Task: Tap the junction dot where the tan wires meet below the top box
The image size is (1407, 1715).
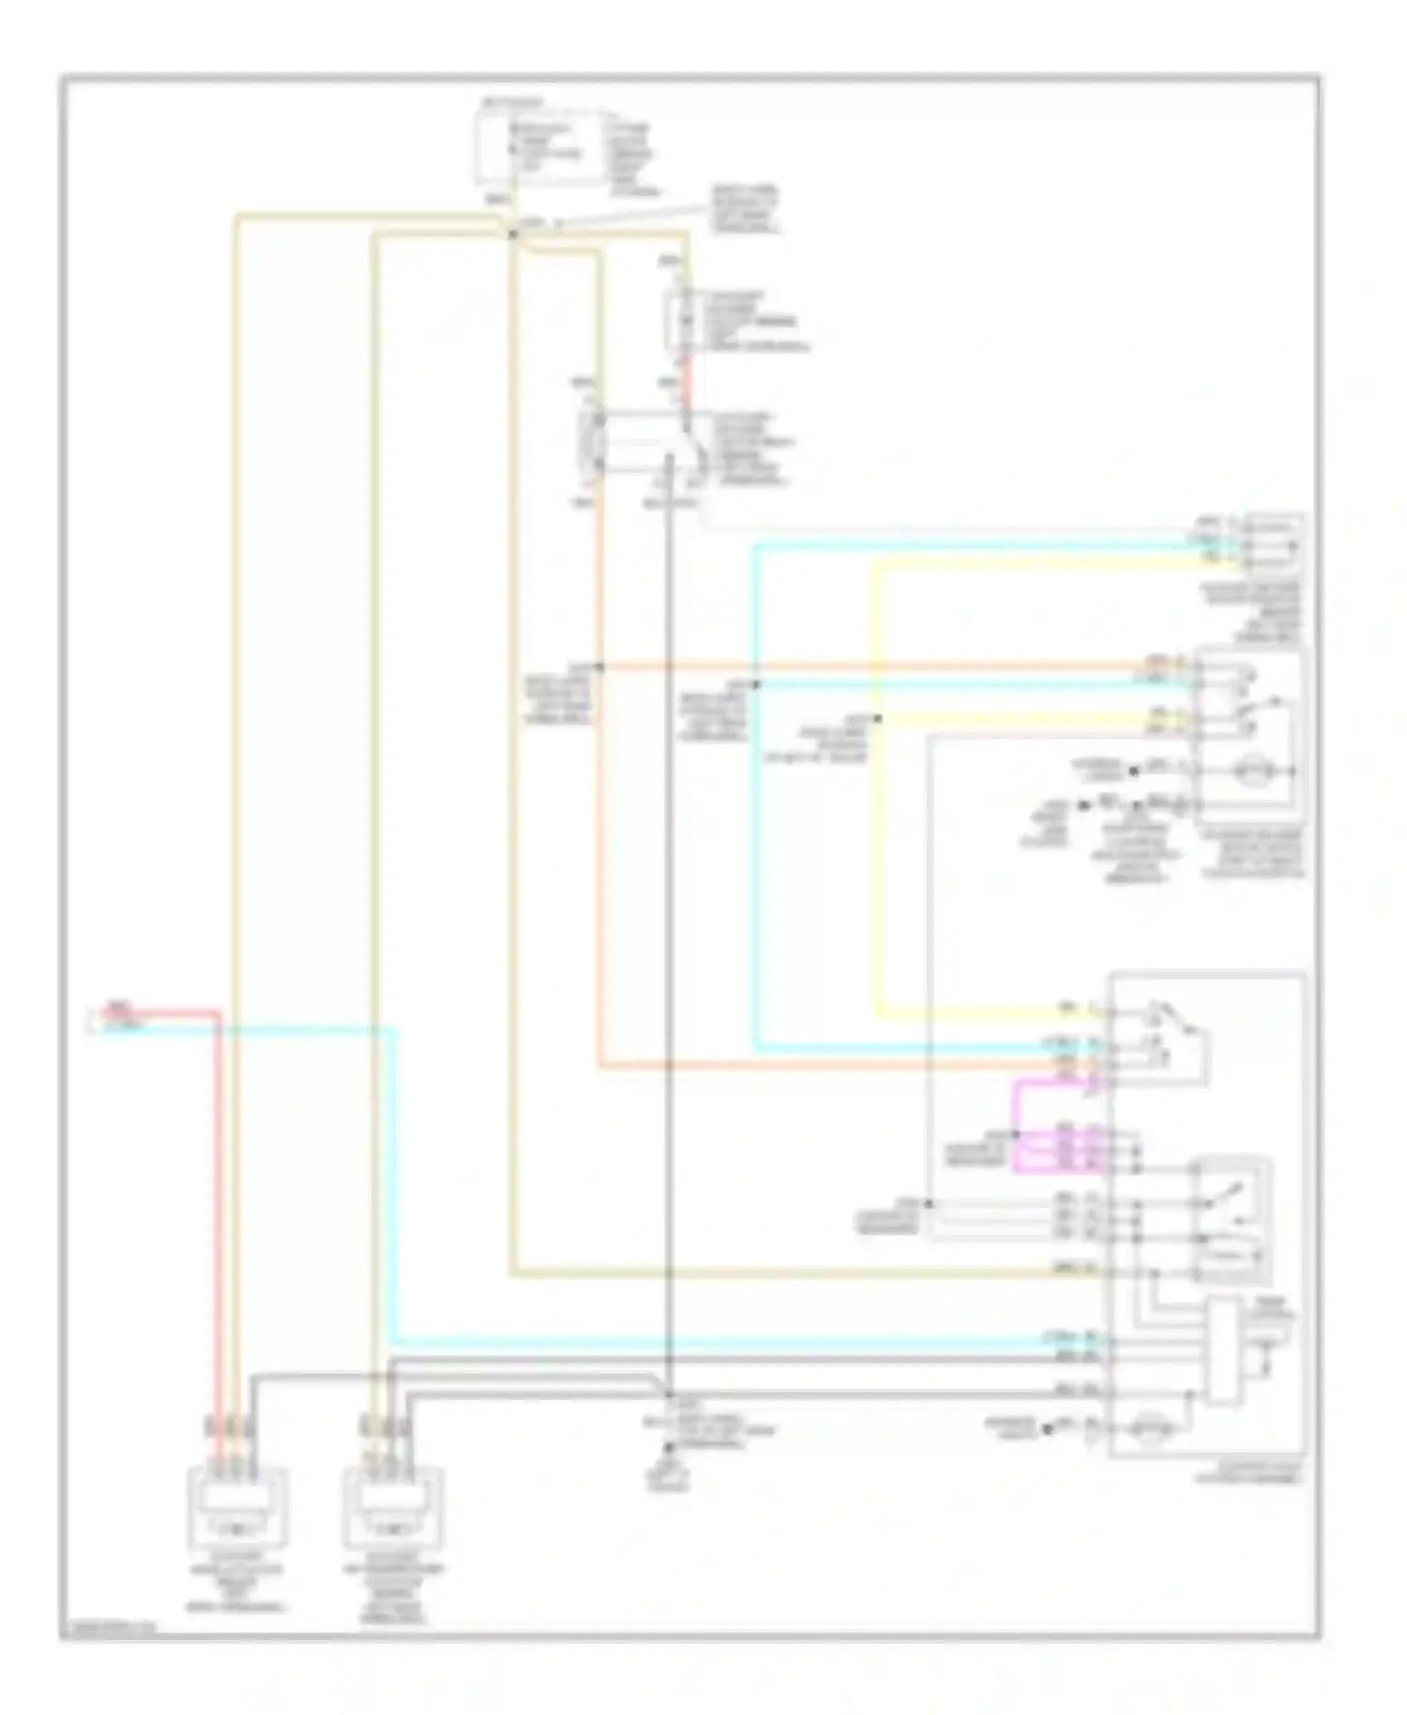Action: tap(512, 233)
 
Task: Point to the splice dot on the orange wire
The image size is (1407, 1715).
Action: tap(599, 667)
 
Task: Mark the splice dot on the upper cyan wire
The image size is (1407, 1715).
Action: tap(756, 685)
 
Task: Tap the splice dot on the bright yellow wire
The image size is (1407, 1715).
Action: tap(878, 719)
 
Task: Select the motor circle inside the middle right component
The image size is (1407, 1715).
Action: tap(1247, 772)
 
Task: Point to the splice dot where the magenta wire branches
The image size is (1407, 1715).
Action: tap(1016, 1134)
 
